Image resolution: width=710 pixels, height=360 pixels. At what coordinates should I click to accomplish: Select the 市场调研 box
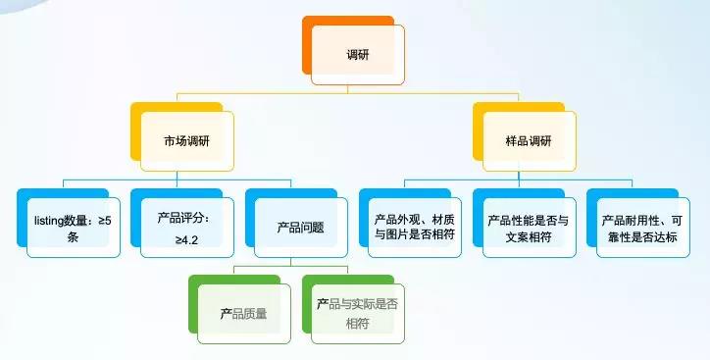pos(186,140)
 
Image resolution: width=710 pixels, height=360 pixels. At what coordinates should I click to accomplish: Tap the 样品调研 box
pos(527,140)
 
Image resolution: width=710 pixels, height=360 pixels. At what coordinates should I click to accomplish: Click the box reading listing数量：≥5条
pos(73,227)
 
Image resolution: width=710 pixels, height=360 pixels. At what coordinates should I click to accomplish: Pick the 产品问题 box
pos(300,227)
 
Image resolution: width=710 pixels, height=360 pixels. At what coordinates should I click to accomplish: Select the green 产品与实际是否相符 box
pos(357,313)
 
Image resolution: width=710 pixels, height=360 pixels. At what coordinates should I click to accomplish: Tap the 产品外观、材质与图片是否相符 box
pos(414,227)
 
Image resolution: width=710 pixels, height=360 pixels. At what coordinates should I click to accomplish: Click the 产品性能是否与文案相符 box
pos(527,227)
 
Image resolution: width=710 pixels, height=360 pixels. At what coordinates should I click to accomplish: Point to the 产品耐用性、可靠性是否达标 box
pos(638,227)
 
